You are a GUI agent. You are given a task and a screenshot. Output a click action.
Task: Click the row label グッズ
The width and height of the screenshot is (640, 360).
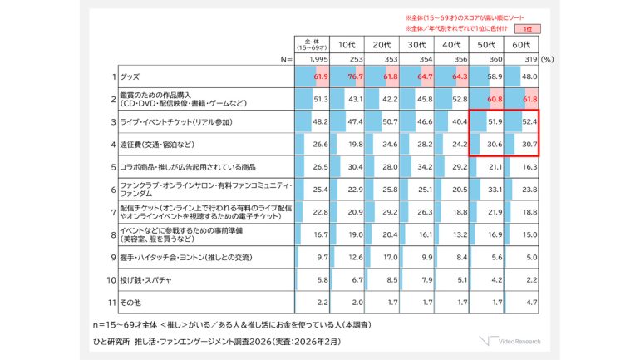click(x=130, y=76)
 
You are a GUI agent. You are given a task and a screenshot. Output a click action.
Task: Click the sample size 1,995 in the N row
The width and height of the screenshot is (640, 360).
click(x=318, y=60)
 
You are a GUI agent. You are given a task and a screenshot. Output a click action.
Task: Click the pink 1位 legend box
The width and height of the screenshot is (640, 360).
click(x=532, y=28)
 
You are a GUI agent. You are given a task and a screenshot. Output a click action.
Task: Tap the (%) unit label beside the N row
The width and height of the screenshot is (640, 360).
click(x=548, y=60)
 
